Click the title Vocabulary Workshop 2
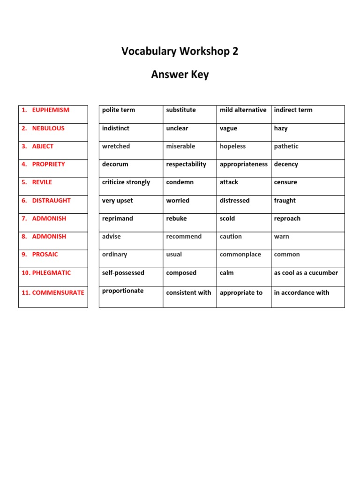180,52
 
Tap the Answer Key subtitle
180,75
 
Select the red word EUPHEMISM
51,110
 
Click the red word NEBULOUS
48,128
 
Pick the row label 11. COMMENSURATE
53,292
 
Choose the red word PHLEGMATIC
52,273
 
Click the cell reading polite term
118,110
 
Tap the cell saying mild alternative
243,110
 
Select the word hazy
281,128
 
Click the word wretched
116,146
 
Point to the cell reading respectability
186,165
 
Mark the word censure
285,182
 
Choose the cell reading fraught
285,201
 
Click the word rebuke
176,218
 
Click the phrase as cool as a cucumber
306,273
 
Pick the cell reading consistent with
188,292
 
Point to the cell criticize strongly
126,182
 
